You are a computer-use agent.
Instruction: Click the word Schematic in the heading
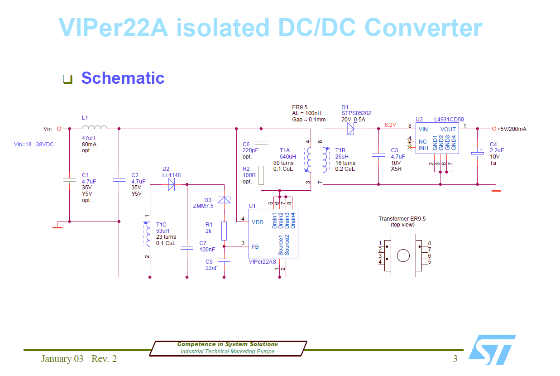point(123,78)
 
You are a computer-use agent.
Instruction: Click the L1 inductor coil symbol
point(94,127)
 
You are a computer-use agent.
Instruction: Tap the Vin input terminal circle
point(59,129)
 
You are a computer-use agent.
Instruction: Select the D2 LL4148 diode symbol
point(171,184)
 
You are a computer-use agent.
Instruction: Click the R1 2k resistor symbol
point(224,231)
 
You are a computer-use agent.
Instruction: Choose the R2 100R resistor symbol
point(261,175)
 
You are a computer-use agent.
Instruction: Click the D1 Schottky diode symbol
point(351,129)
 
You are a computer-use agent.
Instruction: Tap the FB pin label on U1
point(255,247)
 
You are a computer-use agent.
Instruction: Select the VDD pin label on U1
point(258,222)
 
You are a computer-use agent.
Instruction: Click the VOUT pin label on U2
point(448,129)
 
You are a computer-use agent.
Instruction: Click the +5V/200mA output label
point(512,129)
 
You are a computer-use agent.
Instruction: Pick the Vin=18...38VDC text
point(34,145)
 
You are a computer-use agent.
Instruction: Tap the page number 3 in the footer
point(455,359)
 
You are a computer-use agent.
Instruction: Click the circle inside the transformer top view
point(402,255)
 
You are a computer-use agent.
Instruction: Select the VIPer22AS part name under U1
point(262,262)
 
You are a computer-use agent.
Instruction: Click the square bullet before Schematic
point(67,79)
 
